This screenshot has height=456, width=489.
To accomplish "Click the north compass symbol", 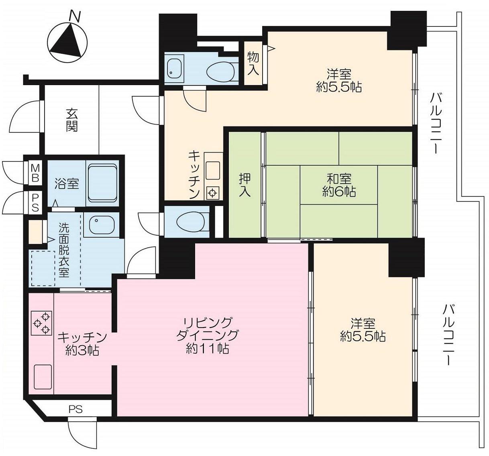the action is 67,41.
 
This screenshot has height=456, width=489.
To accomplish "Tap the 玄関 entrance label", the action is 71,120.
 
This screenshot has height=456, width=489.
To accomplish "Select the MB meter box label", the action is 35,173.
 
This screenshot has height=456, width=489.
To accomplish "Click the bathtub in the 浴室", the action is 102,183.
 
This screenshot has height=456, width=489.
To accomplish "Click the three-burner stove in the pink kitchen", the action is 42,323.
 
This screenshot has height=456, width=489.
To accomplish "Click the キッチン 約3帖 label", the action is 82,343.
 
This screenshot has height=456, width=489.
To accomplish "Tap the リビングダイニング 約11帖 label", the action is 208,335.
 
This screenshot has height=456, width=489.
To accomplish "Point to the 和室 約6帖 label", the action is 339,185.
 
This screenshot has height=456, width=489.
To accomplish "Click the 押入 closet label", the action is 245,185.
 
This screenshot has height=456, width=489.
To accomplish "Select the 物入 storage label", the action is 253,63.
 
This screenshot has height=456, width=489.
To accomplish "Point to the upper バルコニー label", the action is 436,125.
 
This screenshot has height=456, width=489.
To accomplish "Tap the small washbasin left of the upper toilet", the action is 174,69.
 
